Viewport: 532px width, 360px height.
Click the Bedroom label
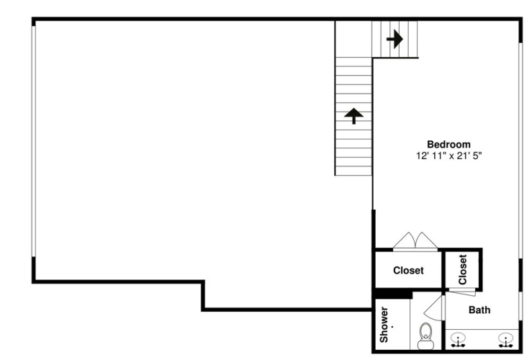(448, 144)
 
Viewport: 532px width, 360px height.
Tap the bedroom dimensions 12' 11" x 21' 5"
(449, 156)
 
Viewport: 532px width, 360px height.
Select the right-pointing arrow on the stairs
(395, 39)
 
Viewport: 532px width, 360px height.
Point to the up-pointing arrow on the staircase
(353, 116)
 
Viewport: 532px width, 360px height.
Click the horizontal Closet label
(408, 271)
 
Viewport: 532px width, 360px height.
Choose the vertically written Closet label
(463, 270)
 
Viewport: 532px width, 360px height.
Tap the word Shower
(384, 325)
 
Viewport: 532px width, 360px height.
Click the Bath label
(479, 310)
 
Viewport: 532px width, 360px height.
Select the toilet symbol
(425, 336)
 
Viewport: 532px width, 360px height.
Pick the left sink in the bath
(458, 340)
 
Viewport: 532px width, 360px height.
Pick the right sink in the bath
(506, 340)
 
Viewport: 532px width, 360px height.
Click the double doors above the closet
(415, 241)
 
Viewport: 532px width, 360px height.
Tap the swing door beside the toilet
(434, 307)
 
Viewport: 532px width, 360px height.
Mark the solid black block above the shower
(392, 294)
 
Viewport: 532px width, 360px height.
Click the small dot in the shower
(392, 327)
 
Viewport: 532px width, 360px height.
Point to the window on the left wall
(34, 141)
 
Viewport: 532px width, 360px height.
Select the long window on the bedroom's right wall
(520, 150)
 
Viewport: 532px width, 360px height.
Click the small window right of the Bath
(520, 305)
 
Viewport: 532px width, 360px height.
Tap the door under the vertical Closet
(461, 291)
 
